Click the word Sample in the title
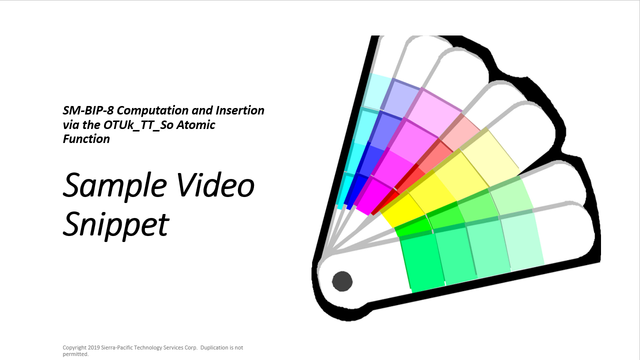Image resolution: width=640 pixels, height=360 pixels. point(114,186)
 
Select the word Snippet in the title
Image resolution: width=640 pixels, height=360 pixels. point(116,225)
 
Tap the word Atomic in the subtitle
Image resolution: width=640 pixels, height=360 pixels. point(197,125)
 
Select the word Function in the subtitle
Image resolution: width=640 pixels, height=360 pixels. point(86,139)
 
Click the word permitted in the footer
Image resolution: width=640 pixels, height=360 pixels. point(75,354)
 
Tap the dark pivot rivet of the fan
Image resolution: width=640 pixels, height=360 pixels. point(342,281)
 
